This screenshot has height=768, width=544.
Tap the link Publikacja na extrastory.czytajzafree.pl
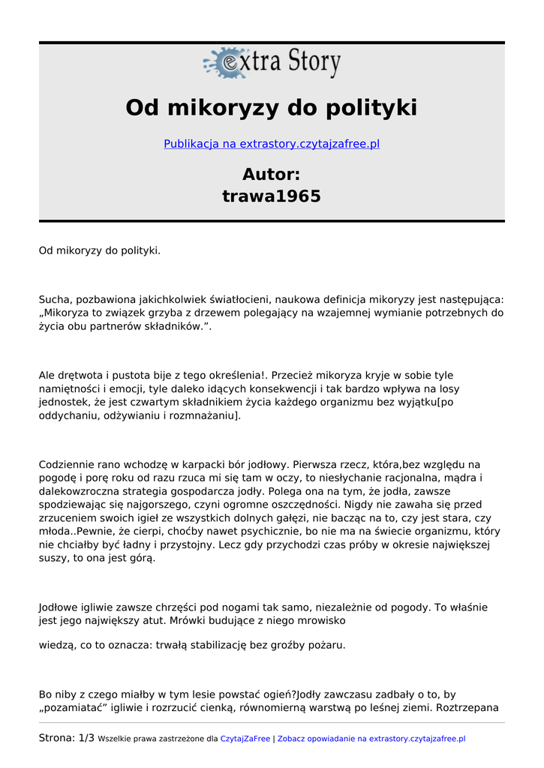point(272,144)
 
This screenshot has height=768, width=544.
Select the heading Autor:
point(272,174)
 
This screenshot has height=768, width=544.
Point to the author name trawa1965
point(272,196)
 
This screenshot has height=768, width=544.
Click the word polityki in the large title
point(371,108)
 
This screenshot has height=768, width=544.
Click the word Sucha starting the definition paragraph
point(53,299)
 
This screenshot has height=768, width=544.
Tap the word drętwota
point(83,375)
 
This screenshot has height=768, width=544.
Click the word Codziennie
point(67,464)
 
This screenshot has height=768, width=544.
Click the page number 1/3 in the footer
point(86,738)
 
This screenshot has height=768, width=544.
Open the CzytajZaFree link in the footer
point(245,739)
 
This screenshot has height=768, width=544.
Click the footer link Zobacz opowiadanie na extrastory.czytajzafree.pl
point(371,739)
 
